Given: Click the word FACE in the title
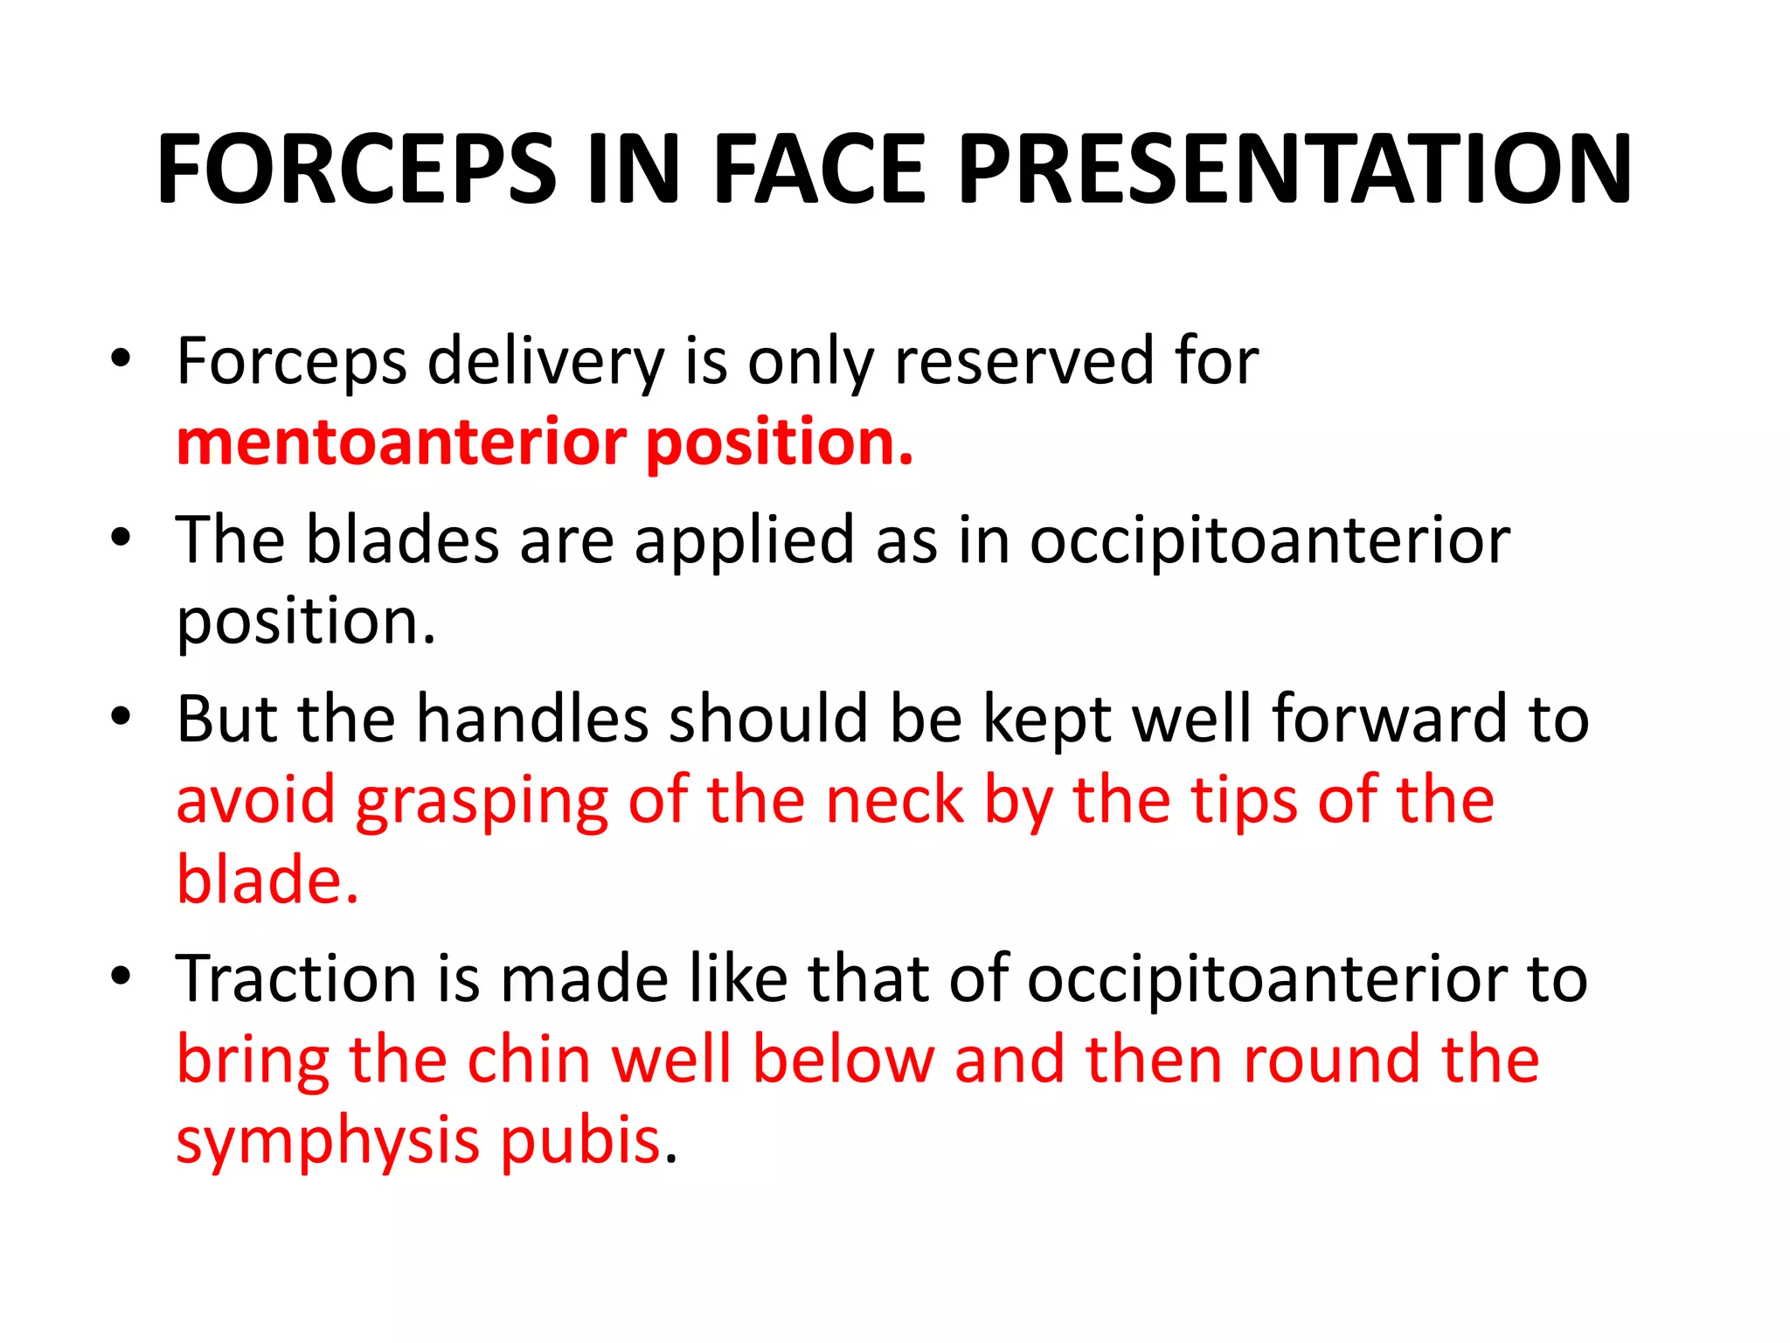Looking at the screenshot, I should pos(818,169).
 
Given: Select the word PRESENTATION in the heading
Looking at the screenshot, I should pos(1294,169).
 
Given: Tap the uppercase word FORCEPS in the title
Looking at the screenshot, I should pos(357,169).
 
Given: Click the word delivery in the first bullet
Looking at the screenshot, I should pos(545,361).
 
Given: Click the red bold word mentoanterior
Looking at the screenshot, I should pos(401,442).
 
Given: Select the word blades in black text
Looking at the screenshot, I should pos(402,539).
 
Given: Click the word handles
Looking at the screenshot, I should pos(532,719).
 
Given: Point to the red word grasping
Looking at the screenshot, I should pos(482,800).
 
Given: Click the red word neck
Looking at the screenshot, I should pos(894,800).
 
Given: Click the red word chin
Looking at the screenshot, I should pos(530,1060).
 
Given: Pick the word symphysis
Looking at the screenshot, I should pos(328,1141).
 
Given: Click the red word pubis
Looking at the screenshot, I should pos(580,1141).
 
